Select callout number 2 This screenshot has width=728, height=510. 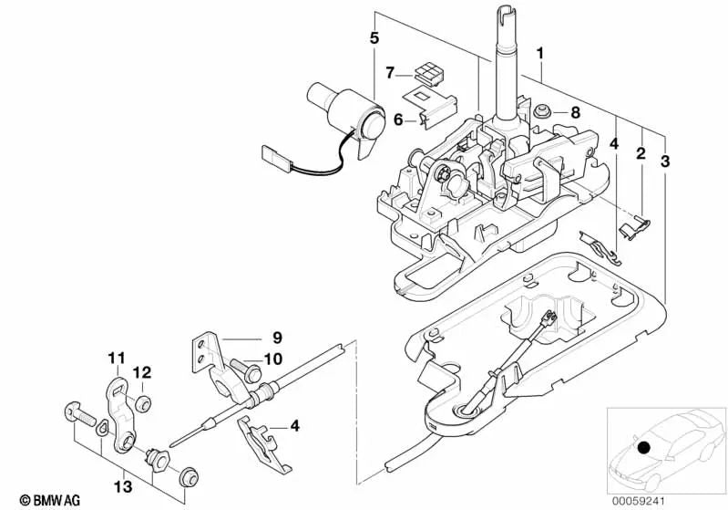coord(641,154)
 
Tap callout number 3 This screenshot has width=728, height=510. coord(665,161)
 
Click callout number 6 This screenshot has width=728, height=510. coord(398,119)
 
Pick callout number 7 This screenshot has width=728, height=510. coord(389,72)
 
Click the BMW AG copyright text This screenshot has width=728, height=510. coord(33,499)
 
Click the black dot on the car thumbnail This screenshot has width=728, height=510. coord(644,448)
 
